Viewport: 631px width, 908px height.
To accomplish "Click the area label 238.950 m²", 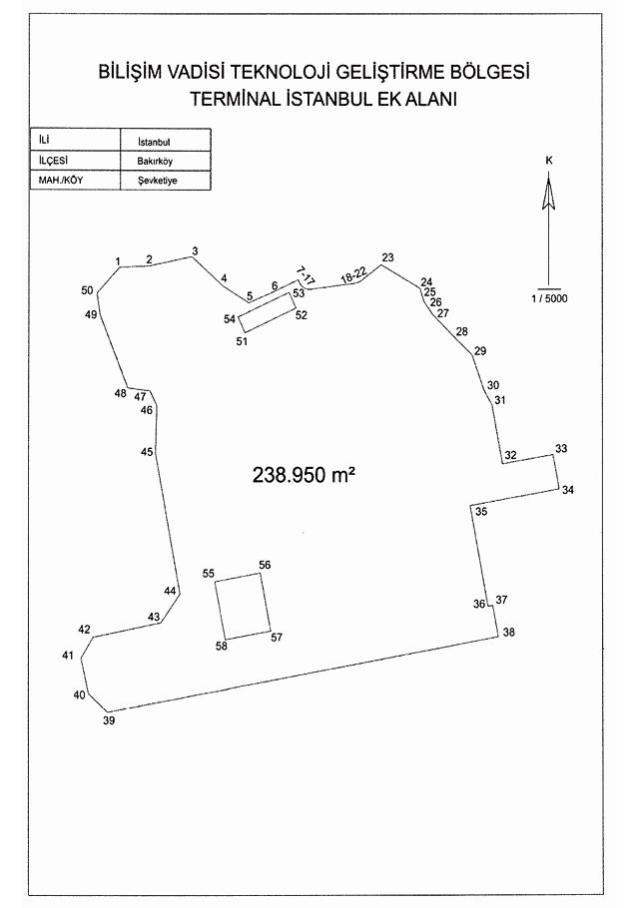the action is point(304,475).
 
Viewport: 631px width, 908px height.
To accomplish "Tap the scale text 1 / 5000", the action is point(549,298).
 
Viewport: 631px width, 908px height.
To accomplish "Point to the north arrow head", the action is point(549,194).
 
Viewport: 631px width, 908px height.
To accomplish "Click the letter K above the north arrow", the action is point(549,161).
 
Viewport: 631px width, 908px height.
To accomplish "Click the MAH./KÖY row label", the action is point(61,180).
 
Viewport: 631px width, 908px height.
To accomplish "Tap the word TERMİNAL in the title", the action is point(236,99).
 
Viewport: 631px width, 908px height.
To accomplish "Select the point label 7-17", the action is point(306,275).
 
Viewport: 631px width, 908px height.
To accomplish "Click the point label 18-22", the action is point(353,275).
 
